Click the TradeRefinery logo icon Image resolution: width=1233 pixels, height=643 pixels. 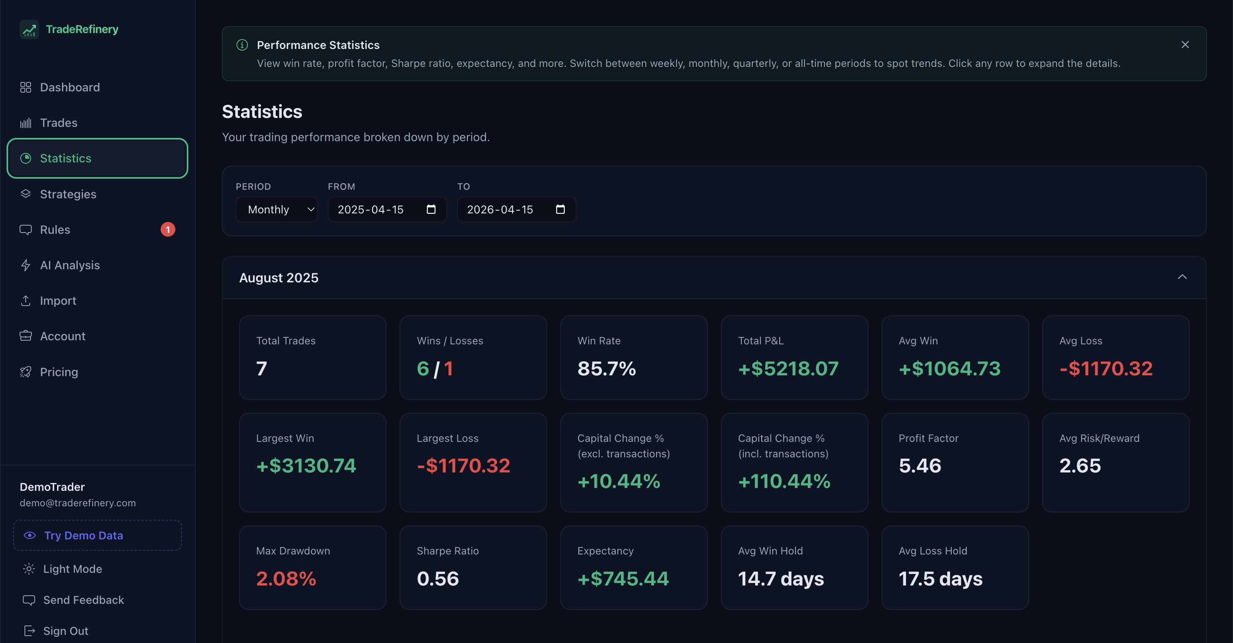click(29, 29)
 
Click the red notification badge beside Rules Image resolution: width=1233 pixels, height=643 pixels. click(168, 230)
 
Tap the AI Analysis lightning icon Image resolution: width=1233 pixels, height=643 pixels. click(26, 265)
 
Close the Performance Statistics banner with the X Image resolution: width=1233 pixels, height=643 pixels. click(1185, 44)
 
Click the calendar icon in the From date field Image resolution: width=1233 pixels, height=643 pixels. click(431, 209)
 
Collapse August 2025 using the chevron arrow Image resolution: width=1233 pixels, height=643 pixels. click(1182, 277)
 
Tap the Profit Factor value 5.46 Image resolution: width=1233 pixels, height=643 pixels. click(920, 466)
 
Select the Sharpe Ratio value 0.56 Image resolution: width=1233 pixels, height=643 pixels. click(438, 579)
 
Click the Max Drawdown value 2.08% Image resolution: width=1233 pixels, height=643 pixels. click(286, 579)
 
